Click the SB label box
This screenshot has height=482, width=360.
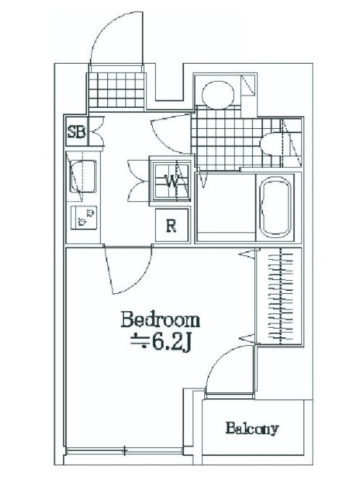tap(77, 132)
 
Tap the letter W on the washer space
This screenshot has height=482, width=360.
tap(171, 182)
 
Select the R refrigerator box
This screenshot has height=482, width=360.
tap(172, 225)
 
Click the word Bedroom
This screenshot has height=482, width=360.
tap(160, 320)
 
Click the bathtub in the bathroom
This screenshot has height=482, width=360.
tap(275, 207)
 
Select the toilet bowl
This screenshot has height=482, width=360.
tap(271, 143)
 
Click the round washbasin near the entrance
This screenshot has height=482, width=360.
tap(218, 95)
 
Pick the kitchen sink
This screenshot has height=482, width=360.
tap(83, 177)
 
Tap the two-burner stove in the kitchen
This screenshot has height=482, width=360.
tap(84, 217)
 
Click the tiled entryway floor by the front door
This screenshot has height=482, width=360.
tap(117, 90)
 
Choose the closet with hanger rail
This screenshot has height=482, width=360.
tap(280, 296)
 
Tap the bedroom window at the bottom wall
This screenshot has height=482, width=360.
tap(125, 451)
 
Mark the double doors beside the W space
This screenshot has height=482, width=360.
tap(138, 181)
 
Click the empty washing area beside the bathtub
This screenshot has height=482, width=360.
tap(226, 207)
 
